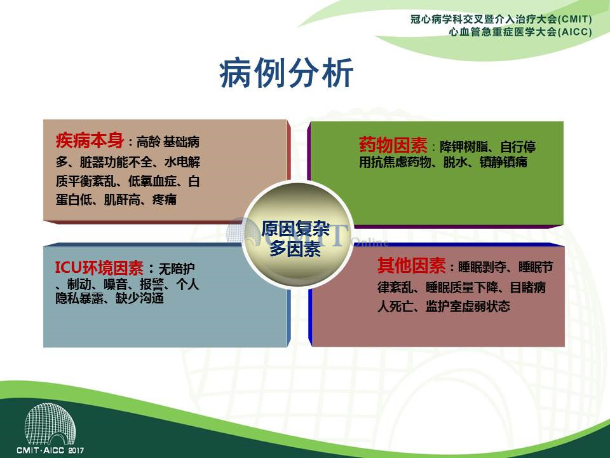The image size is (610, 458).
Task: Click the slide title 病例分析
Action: (287, 73)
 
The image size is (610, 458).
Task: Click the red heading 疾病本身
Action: (90, 140)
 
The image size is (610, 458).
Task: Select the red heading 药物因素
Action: (393, 145)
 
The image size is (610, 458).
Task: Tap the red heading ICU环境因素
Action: (99, 268)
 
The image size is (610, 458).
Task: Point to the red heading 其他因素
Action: (412, 266)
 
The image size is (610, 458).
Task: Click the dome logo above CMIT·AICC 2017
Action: (50, 424)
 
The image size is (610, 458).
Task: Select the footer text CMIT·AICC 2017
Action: (50, 450)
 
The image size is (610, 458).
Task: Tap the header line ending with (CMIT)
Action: (501, 19)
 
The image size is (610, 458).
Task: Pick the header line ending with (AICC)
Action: (520, 32)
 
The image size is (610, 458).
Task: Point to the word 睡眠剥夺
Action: (482, 267)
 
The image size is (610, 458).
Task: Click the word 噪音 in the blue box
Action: (115, 284)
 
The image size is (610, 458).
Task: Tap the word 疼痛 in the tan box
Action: (165, 200)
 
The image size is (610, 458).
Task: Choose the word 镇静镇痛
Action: (503, 162)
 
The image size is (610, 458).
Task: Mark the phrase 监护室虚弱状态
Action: (468, 307)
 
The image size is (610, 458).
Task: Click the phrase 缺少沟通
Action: (140, 298)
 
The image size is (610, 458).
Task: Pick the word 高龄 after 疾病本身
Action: (148, 142)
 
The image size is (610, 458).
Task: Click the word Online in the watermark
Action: (370, 242)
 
